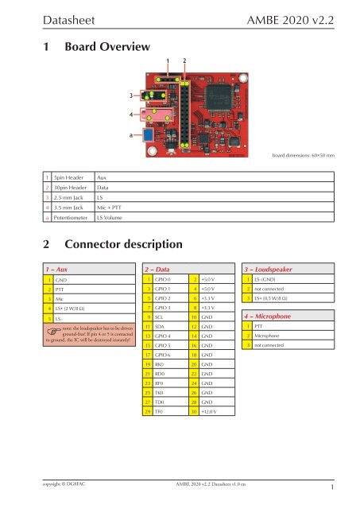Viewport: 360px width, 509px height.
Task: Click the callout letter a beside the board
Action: [x=132, y=134]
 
